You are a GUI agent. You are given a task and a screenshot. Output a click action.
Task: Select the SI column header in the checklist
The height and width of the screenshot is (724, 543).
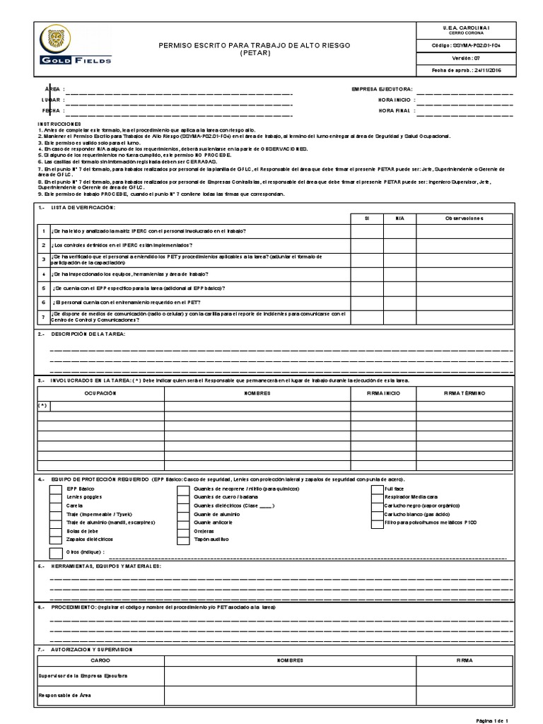click(x=367, y=218)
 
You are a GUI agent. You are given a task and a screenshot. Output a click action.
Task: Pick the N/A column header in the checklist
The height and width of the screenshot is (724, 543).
click(x=399, y=218)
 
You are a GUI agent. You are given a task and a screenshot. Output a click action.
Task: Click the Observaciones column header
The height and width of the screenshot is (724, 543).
click(x=464, y=218)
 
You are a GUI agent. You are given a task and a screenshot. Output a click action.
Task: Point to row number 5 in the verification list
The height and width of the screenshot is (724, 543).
click(x=43, y=288)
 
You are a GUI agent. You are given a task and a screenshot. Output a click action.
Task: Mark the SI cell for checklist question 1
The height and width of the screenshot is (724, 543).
click(x=367, y=231)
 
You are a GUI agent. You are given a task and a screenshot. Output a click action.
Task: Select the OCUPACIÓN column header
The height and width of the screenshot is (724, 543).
click(x=100, y=392)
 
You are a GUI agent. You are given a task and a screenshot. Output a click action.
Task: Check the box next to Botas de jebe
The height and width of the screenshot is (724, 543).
click(x=54, y=530)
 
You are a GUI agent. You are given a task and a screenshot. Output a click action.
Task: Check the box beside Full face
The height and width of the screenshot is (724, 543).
click(x=377, y=489)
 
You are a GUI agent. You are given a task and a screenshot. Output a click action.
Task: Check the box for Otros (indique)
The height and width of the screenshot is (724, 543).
click(x=54, y=551)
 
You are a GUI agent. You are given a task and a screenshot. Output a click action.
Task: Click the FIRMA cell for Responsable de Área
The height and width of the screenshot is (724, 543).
click(x=465, y=695)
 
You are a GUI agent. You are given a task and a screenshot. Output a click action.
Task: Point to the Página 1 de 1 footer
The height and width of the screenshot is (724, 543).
click(x=493, y=719)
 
